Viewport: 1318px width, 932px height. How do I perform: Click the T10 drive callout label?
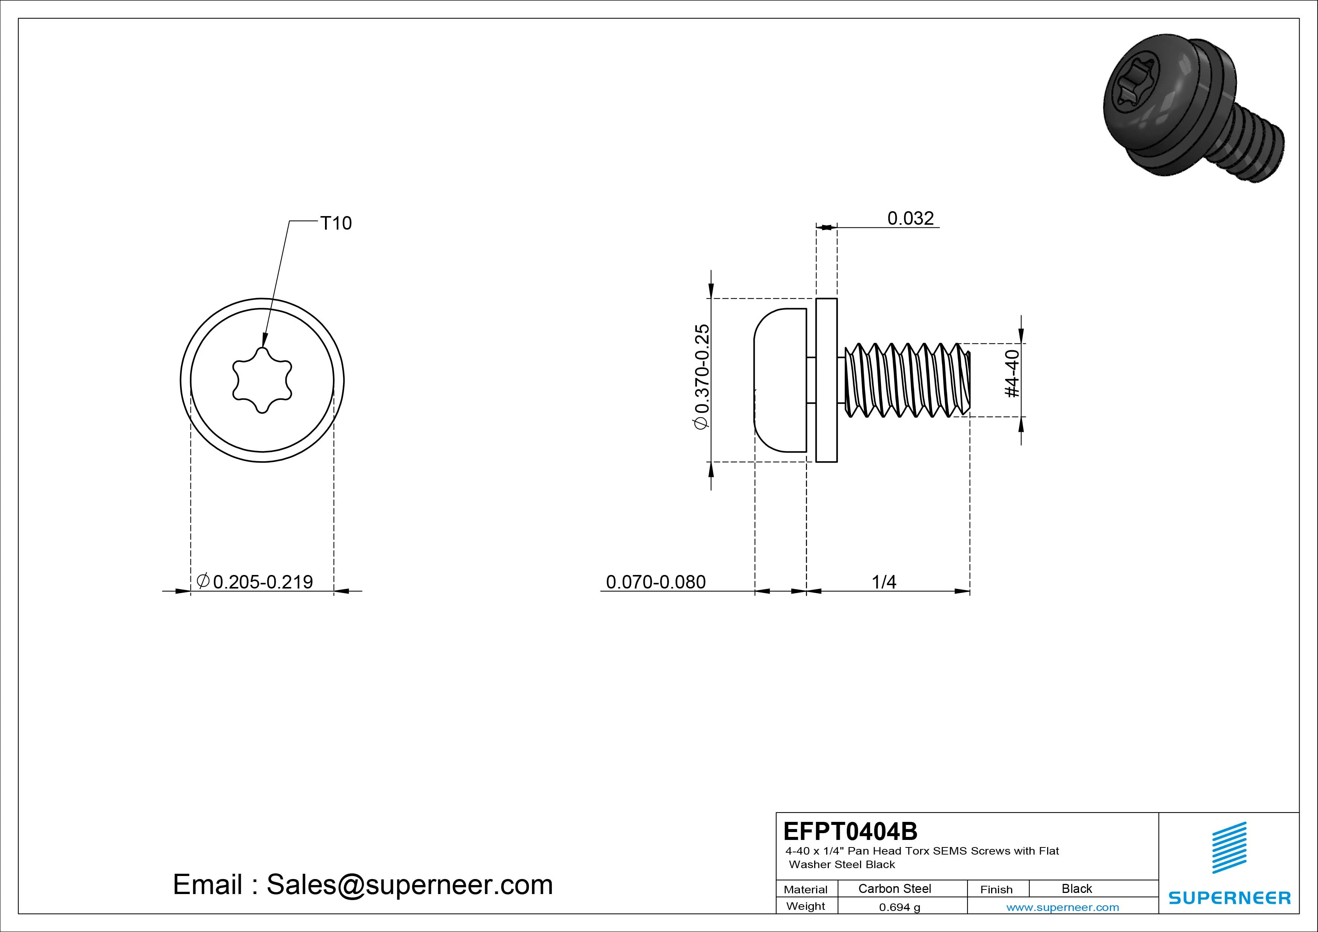point(336,223)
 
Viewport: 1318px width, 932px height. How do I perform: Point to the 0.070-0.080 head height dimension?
point(656,582)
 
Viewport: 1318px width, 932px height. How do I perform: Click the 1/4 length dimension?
point(884,582)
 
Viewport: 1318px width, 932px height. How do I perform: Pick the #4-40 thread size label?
point(1013,374)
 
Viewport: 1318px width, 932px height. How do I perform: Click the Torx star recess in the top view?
point(262,380)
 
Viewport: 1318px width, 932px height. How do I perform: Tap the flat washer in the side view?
point(827,380)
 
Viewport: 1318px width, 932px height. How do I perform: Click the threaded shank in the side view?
point(907,380)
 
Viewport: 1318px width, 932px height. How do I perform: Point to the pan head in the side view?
point(781,380)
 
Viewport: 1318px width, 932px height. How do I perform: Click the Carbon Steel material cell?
point(894,888)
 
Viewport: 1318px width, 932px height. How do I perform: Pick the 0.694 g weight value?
point(899,907)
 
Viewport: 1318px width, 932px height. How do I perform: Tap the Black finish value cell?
point(1077,888)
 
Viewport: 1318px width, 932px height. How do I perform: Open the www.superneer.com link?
point(1063,907)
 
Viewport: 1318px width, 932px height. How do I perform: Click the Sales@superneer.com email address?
point(409,885)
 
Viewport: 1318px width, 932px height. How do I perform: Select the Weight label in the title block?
point(806,906)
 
